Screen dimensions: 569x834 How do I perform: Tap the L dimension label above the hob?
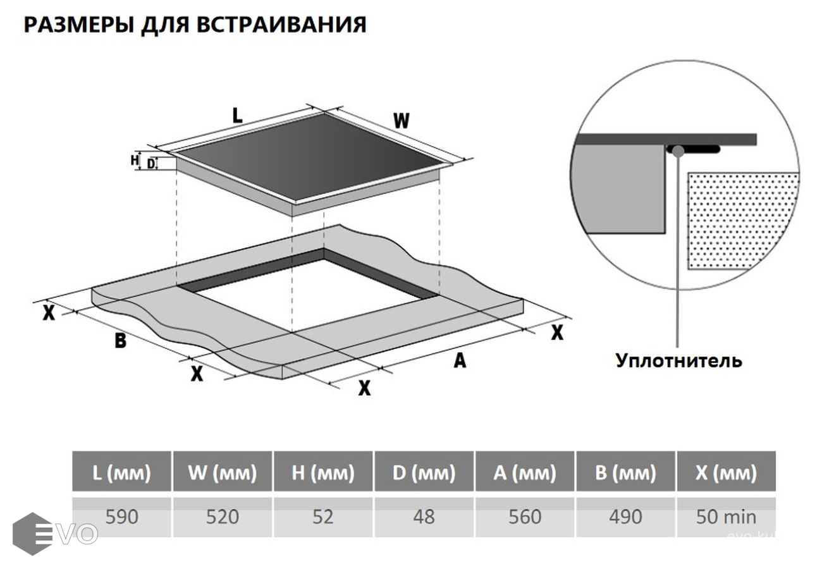click(x=237, y=116)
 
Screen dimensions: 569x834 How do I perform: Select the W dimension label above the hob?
click(x=401, y=120)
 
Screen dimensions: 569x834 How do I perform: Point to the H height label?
click(x=134, y=161)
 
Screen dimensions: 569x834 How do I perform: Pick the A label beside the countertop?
click(x=460, y=360)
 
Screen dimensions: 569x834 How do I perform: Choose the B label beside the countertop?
click(x=120, y=341)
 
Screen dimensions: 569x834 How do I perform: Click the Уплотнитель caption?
click(x=678, y=361)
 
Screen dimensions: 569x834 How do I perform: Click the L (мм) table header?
click(x=121, y=472)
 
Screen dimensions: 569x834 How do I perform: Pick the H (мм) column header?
click(x=323, y=472)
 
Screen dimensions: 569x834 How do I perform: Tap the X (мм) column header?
click(x=726, y=472)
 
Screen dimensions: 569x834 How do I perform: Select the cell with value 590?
click(x=121, y=517)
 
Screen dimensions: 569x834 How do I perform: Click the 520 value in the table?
click(x=223, y=517)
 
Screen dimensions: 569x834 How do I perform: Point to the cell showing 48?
click(x=424, y=517)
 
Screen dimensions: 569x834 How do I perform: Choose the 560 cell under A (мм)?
click(x=525, y=517)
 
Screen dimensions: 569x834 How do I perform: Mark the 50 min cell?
click(x=726, y=517)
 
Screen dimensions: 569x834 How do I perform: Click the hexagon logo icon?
click(x=32, y=534)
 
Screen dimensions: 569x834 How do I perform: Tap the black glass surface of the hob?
click(x=310, y=158)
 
